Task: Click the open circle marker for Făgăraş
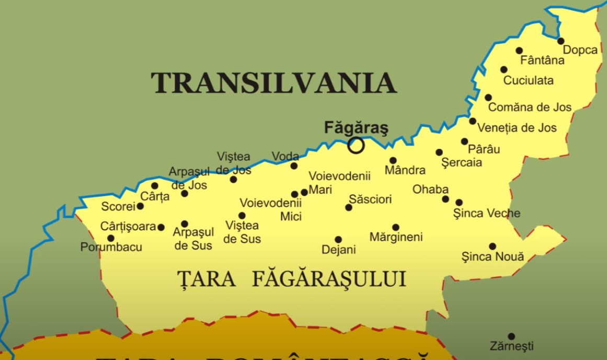(x=356, y=145)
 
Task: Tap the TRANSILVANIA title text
(x=273, y=83)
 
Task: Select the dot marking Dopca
(x=560, y=41)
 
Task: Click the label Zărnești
(x=511, y=346)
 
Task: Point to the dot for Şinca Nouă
(x=493, y=246)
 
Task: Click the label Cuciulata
(x=528, y=81)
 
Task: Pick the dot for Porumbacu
(x=111, y=238)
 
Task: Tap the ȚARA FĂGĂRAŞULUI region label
(x=292, y=279)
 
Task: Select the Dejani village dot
(x=338, y=240)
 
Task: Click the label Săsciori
(x=370, y=200)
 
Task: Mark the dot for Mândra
(x=393, y=160)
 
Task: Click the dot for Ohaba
(x=445, y=199)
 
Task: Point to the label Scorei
(x=118, y=207)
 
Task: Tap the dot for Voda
(x=294, y=166)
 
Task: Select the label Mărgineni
(x=396, y=237)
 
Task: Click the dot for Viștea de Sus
(x=242, y=215)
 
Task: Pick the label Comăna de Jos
(x=530, y=108)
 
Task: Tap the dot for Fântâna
(x=519, y=51)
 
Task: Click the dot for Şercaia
(x=439, y=152)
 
